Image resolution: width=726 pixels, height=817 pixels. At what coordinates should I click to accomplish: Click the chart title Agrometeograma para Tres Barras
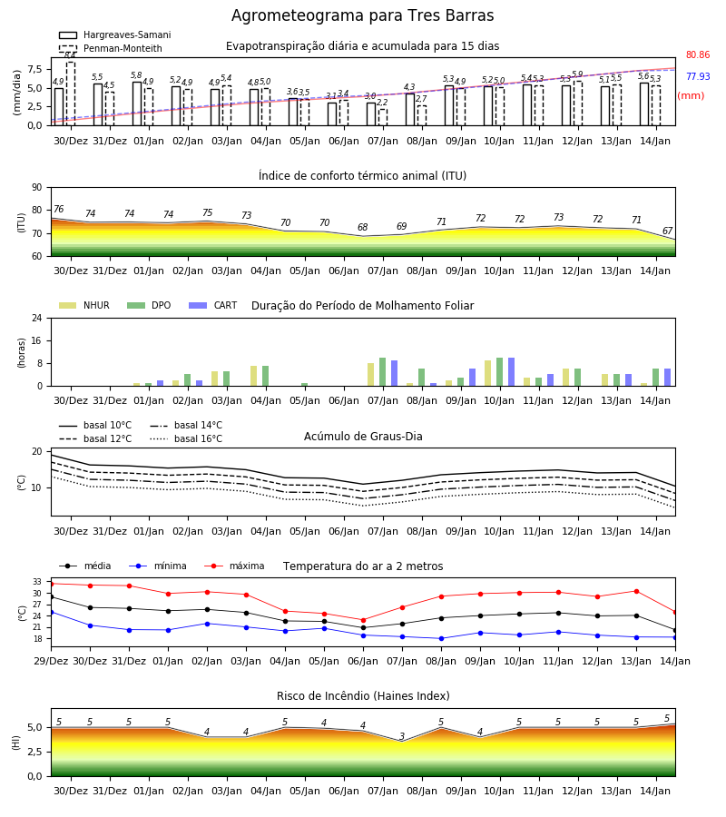362,15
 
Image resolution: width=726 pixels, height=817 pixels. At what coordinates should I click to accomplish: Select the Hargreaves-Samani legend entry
114,34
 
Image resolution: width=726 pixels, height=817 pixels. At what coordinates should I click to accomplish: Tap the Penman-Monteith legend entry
111,48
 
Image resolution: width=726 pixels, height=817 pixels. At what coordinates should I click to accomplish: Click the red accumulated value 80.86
698,54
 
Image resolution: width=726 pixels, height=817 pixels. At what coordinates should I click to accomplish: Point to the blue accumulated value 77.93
698,76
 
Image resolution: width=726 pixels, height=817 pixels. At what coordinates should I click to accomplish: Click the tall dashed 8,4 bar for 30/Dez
71,94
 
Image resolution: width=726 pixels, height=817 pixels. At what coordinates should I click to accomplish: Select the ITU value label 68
362,227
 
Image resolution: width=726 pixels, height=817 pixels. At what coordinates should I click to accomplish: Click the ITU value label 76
59,209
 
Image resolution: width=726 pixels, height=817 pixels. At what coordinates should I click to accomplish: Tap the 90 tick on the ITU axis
37,188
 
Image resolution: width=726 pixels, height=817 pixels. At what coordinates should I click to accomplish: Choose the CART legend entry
213,305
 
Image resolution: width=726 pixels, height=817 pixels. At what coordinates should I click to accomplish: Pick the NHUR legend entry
84,305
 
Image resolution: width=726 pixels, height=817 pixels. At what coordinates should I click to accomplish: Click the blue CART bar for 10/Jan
512,372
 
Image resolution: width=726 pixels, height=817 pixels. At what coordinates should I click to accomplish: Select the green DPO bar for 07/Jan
382,372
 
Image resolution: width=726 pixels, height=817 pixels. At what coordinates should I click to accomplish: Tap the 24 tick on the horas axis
37,319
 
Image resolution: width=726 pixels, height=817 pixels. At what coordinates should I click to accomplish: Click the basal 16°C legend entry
186,438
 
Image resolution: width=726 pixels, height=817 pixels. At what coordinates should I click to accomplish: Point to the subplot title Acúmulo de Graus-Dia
363,437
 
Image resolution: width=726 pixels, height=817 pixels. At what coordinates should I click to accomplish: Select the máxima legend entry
234,566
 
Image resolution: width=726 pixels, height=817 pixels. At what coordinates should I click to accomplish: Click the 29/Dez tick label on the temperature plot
51,661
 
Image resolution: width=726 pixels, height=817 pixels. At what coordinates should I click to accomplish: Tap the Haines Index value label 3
402,736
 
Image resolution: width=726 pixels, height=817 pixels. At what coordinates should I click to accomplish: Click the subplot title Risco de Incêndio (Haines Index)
363,696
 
